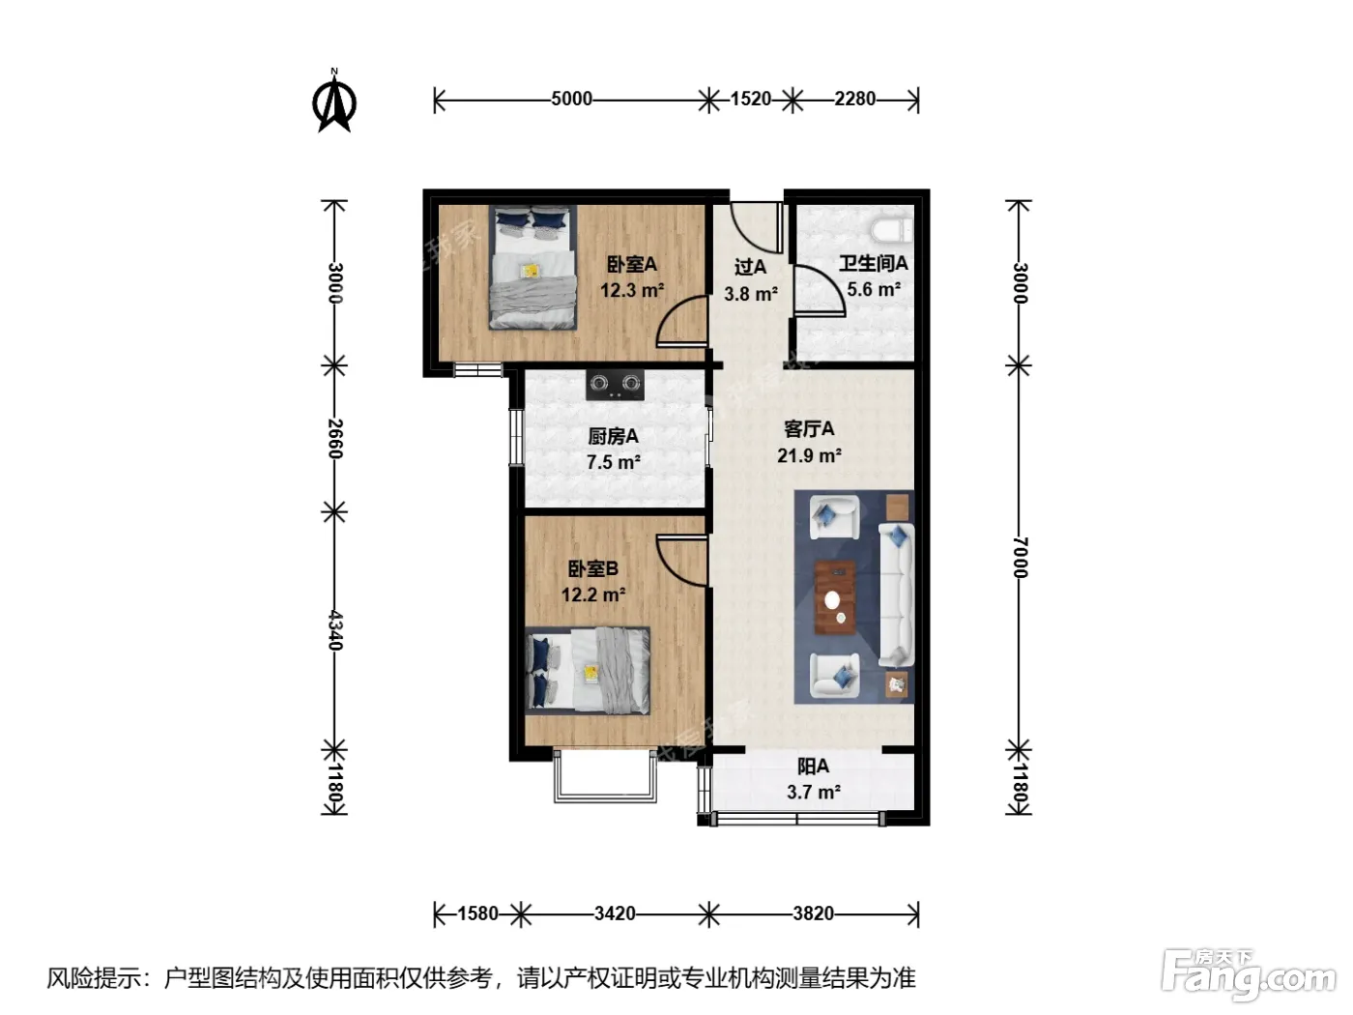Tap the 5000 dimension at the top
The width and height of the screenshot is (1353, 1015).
pyautogui.click(x=571, y=100)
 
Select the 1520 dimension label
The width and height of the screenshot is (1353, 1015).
pyautogui.click(x=751, y=100)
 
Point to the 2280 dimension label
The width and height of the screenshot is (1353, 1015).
pyautogui.click(x=855, y=100)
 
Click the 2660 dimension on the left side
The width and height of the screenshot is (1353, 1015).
pyautogui.click(x=334, y=439)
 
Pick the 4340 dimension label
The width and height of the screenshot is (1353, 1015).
pyautogui.click(x=334, y=630)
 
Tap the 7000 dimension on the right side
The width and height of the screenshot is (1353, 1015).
pyautogui.click(x=1021, y=558)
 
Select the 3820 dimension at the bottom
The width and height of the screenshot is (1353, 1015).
pyautogui.click(x=813, y=913)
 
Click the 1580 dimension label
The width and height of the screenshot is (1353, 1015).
pyautogui.click(x=477, y=913)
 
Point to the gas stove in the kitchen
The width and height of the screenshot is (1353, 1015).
pyautogui.click(x=615, y=385)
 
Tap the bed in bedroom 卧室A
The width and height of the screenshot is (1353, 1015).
pyautogui.click(x=533, y=267)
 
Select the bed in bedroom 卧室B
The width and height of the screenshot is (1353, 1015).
pyautogui.click(x=588, y=671)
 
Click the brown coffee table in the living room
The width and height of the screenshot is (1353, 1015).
pyautogui.click(x=835, y=597)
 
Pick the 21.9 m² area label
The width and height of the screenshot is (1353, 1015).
pyautogui.click(x=809, y=456)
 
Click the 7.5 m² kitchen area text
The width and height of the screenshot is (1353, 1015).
pyautogui.click(x=614, y=462)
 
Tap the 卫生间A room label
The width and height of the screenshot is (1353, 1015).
pyautogui.click(x=874, y=264)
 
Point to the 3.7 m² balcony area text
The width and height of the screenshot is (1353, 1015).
pyautogui.click(x=814, y=792)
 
